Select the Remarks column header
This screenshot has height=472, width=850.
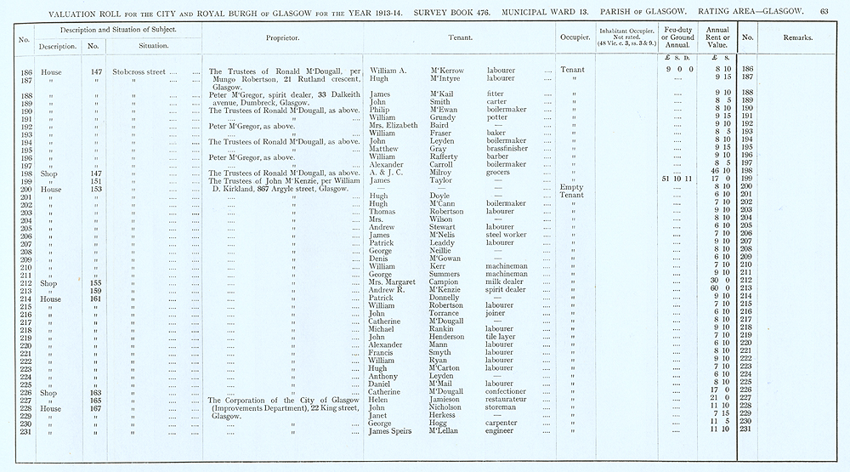point(796,37)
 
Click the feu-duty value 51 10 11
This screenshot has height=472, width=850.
point(677,179)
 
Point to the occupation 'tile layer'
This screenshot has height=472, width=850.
point(501,337)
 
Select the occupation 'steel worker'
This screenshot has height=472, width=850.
point(507,235)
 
